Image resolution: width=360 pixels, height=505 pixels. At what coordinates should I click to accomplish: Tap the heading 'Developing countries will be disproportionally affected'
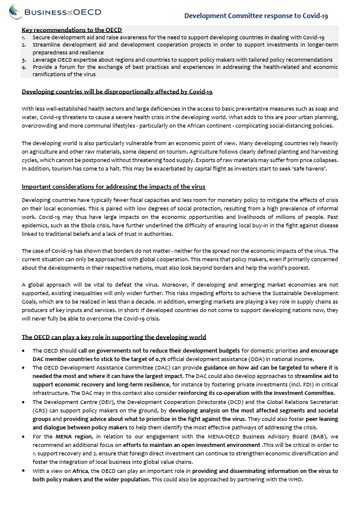[x=117, y=92]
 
